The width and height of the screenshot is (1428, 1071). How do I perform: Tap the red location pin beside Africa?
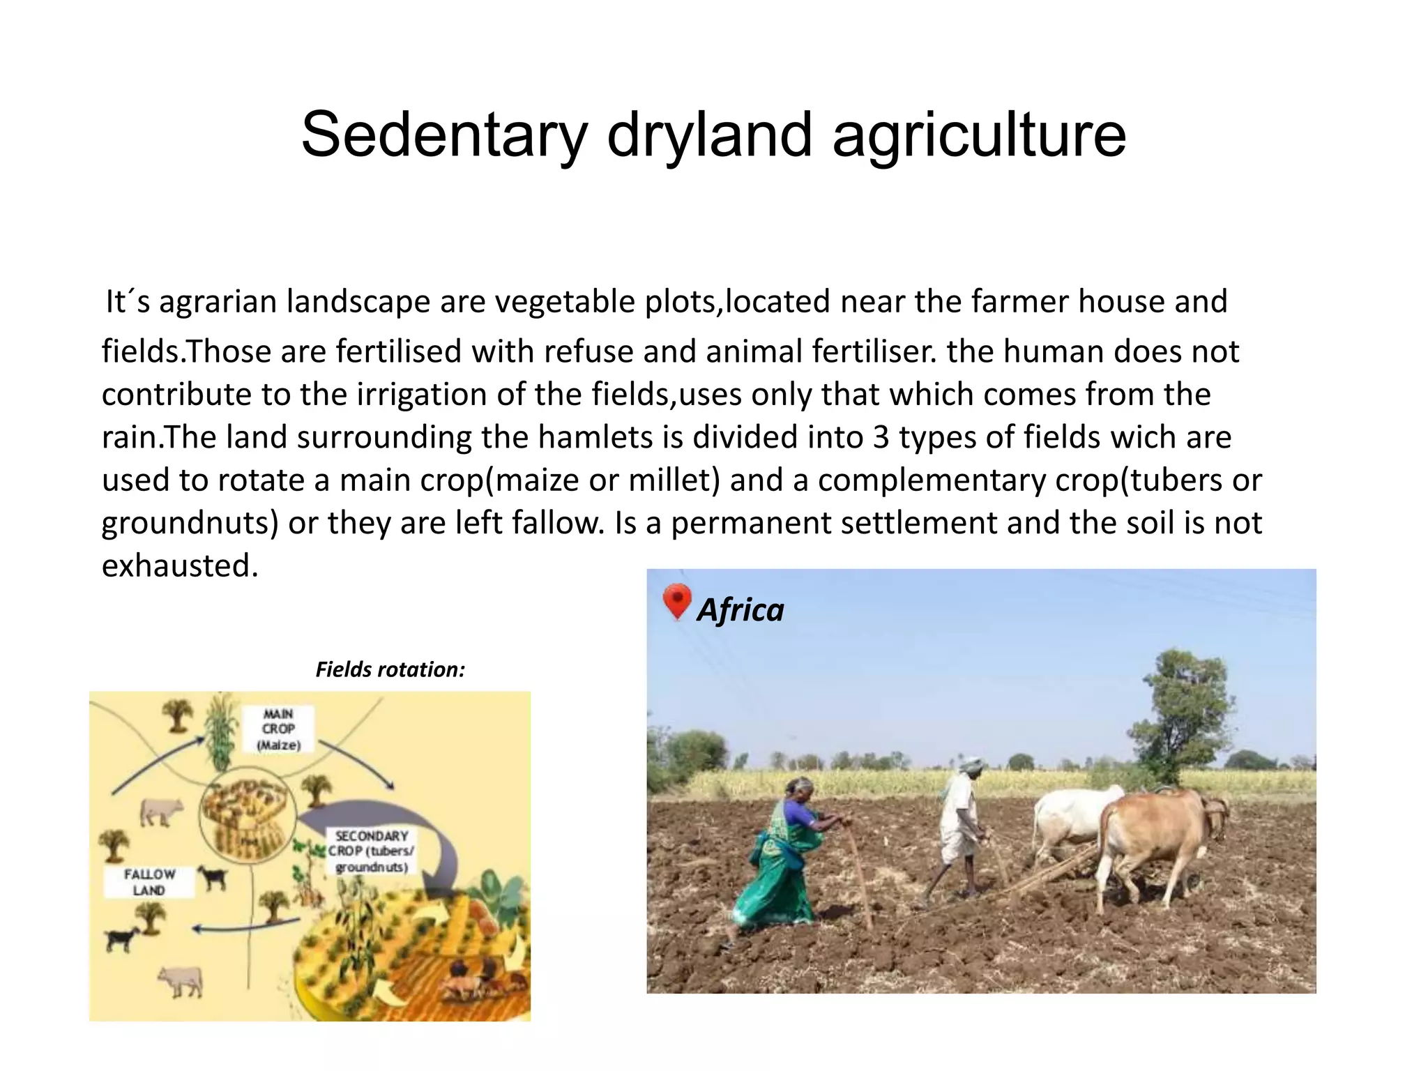pos(676,600)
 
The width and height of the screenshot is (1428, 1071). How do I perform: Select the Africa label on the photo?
pos(740,610)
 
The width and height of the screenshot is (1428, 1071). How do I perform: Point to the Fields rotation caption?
pos(390,669)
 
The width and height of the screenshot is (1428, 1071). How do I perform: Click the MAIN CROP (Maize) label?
pos(278,729)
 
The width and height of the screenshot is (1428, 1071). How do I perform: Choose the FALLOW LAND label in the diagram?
pos(149,882)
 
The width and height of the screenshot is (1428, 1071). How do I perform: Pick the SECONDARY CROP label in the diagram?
pos(371,851)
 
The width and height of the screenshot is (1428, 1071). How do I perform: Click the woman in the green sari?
pos(784,858)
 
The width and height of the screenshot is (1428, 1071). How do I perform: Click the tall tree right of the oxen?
pos(1182,711)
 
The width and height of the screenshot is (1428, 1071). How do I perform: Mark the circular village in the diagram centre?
pos(248,816)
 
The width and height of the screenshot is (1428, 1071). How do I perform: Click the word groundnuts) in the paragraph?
pos(190,524)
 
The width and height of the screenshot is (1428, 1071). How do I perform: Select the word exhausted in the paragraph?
pos(179,565)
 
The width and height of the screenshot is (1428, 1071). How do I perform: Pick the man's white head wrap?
pos(971,762)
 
